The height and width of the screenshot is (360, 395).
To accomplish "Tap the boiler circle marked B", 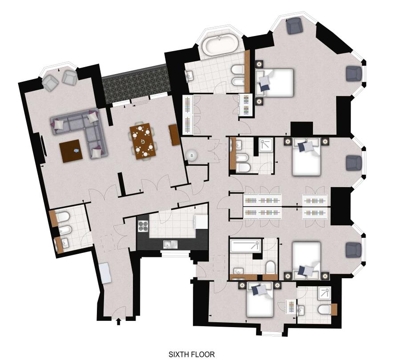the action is (192, 156).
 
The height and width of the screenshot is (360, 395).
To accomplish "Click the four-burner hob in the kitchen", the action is (143, 226).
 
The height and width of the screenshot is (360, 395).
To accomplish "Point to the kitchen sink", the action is (170, 244).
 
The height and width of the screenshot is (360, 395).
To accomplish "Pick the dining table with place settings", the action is (143, 141).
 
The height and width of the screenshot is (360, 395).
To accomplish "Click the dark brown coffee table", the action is (71, 151).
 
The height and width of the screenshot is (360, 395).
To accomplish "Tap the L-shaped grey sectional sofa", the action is (80, 132).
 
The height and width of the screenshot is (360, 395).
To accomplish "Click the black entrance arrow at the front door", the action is (119, 321).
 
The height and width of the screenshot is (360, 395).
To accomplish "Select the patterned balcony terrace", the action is (135, 84).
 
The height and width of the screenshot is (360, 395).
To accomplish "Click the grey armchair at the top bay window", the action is (295, 26).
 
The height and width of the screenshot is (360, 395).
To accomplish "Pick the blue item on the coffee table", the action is (76, 151).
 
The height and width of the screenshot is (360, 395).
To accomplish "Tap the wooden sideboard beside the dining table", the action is (173, 135).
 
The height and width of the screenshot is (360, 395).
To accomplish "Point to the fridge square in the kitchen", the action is (201, 221).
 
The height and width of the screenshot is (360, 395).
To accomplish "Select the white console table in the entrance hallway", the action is (105, 273).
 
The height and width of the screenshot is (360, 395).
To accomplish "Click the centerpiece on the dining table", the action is (143, 141).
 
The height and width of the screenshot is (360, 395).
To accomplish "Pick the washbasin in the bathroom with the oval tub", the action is (190, 75).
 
